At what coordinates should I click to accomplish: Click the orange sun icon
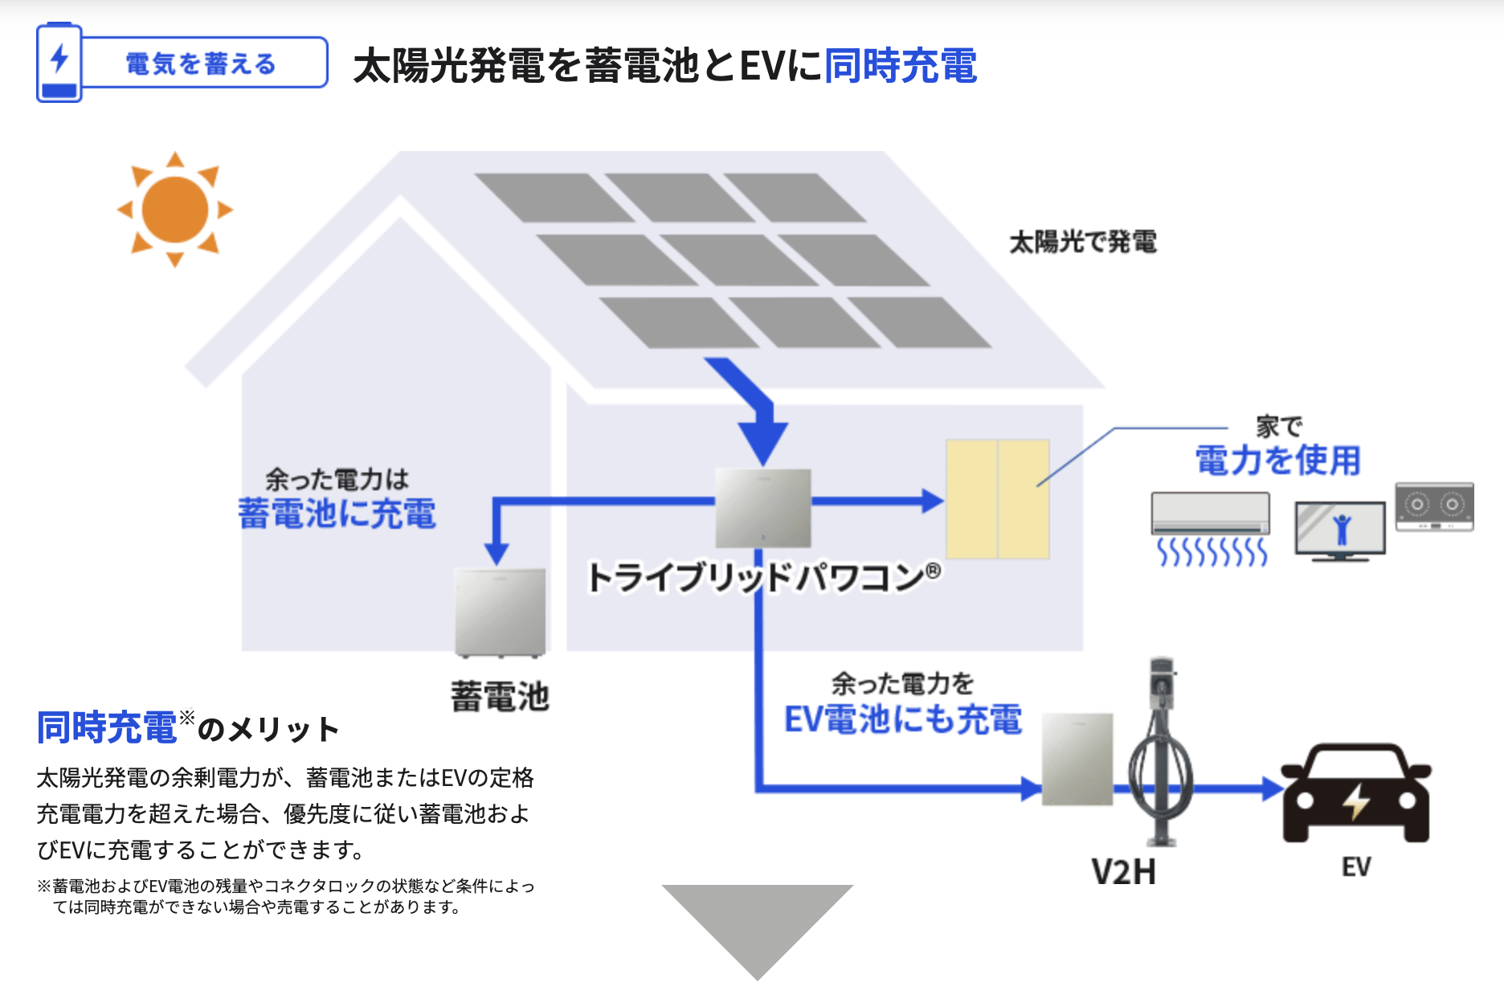click(x=175, y=209)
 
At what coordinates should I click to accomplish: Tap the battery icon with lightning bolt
click(x=59, y=63)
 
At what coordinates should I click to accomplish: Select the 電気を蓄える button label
click(x=201, y=63)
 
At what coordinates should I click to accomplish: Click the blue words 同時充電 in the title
click(x=901, y=66)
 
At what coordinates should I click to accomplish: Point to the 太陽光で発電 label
click(x=1083, y=241)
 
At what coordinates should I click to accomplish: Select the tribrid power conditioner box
click(x=763, y=508)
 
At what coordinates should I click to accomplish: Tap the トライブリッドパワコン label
click(x=764, y=577)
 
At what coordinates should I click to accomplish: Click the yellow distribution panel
click(x=998, y=499)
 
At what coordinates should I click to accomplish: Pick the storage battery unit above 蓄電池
click(x=500, y=612)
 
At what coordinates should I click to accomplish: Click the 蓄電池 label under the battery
click(x=500, y=696)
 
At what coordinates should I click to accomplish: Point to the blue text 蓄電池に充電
click(x=337, y=514)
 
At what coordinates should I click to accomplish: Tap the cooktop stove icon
click(x=1435, y=506)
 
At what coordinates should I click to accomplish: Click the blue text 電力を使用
click(x=1278, y=461)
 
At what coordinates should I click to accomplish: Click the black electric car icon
click(x=1356, y=794)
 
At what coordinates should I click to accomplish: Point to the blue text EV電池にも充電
click(x=903, y=719)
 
